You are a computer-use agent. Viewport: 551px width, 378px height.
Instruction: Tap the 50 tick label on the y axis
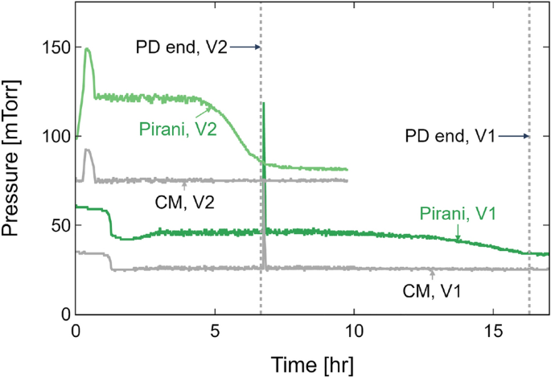click(56, 225)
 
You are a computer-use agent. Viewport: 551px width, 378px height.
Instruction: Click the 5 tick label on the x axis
click(215, 331)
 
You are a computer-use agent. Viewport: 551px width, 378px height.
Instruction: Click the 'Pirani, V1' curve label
click(455, 213)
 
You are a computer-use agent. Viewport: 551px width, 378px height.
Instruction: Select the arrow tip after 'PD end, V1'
click(528, 137)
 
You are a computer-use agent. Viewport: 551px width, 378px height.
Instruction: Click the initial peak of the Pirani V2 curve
click(87, 49)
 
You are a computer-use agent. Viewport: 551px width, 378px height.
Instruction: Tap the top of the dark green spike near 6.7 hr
click(263, 103)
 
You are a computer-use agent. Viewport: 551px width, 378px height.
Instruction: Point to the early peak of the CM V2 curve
click(87, 150)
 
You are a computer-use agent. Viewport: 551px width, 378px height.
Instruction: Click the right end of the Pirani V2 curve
click(347, 170)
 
